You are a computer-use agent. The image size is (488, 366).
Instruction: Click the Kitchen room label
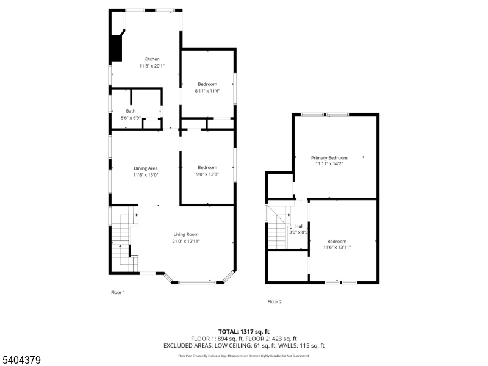coord(152,59)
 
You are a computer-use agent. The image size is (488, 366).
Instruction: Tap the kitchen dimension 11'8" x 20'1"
coord(152,66)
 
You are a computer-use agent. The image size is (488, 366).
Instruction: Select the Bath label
coord(131,111)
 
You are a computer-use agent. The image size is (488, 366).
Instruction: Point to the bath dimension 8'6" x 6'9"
coord(131,117)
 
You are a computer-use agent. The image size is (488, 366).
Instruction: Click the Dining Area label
coord(146,168)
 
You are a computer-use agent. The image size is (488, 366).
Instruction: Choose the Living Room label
coord(186,234)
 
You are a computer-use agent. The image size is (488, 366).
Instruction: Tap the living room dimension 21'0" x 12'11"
coord(186,241)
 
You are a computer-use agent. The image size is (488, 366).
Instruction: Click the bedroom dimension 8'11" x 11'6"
coord(207,91)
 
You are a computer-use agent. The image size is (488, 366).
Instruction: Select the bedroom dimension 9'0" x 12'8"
coord(207,174)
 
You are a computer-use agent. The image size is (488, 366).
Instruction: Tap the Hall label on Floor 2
coord(300,226)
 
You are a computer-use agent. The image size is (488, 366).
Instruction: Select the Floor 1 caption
coord(118,293)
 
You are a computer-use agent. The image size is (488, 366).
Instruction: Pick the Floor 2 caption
coord(274,301)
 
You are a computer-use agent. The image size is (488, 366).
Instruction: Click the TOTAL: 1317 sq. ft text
coord(243,331)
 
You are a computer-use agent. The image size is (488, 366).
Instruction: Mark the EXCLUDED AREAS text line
coord(243,346)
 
